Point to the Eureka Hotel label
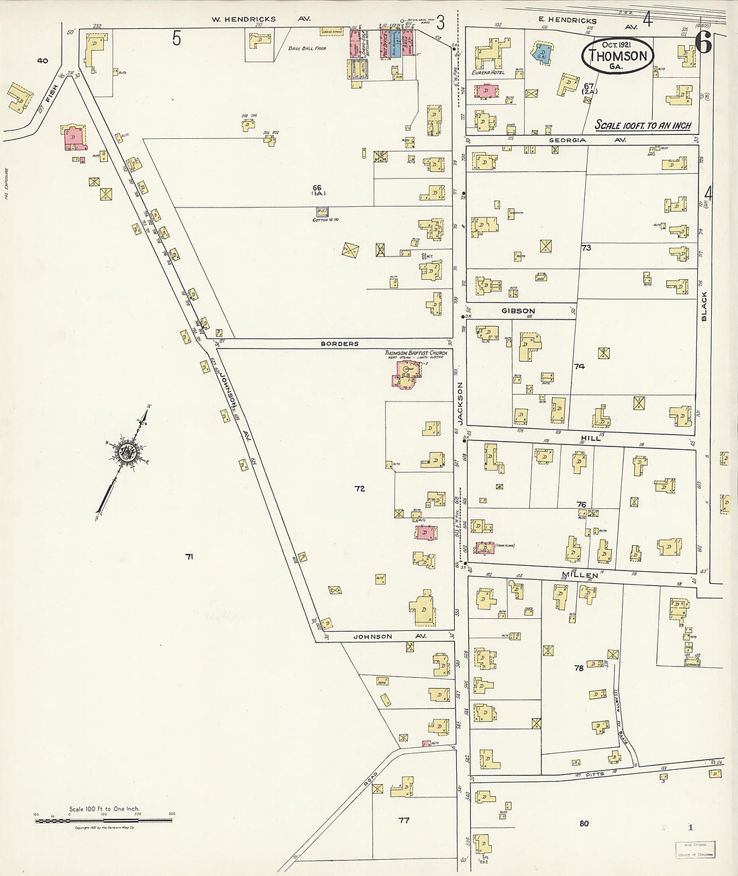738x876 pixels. [488, 72]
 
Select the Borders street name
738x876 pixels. [339, 344]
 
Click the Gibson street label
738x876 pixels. [519, 311]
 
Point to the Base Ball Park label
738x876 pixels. [307, 49]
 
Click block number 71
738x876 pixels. [189, 556]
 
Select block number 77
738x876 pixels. [403, 820]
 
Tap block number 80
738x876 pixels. [584, 823]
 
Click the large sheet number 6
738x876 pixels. [703, 42]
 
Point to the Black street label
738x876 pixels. [704, 305]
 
